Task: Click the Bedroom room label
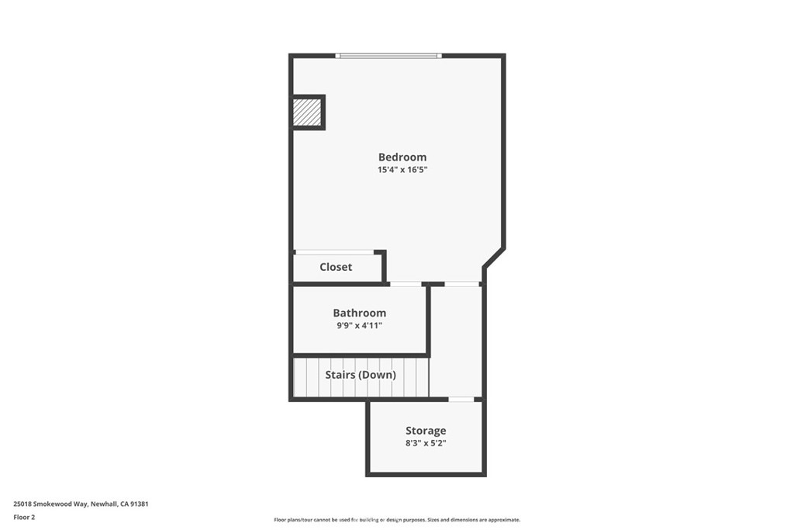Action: (402, 157)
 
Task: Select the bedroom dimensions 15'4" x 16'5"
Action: (402, 169)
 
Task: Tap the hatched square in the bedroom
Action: (307, 113)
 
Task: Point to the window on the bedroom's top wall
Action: (388, 56)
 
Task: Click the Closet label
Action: (336, 267)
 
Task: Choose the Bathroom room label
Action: (359, 313)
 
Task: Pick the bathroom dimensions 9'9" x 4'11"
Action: (358, 325)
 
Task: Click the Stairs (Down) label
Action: (361, 375)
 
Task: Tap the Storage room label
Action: (426, 431)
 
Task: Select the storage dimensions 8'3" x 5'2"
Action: (426, 443)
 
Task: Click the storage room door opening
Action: (461, 400)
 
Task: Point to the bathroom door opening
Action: (405, 284)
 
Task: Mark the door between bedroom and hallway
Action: (462, 284)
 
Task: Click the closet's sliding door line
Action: (334, 252)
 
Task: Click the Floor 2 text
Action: (25, 517)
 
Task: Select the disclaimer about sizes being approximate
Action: (396, 520)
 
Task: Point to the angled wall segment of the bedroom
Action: (494, 258)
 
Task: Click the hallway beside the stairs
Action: (456, 341)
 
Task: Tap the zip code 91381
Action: (138, 504)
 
